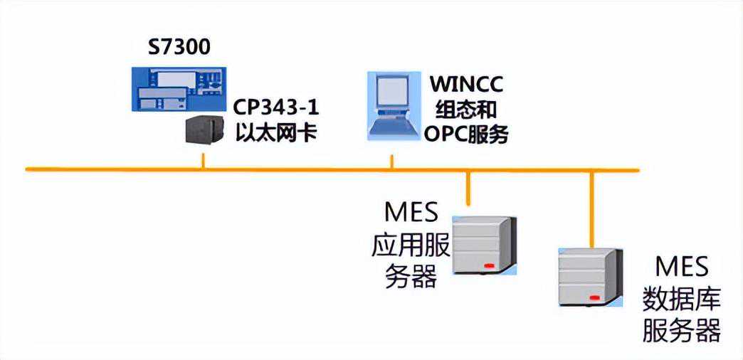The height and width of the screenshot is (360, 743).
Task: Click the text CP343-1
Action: pyautogui.click(x=277, y=110)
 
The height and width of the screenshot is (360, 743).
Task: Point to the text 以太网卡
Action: pyautogui.click(x=275, y=133)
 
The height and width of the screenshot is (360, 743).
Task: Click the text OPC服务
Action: pyautogui.click(x=467, y=133)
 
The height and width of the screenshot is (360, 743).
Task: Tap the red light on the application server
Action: pyautogui.click(x=488, y=267)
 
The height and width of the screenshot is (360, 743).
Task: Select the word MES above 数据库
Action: pyautogui.click(x=682, y=268)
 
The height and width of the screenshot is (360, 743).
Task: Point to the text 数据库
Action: pyautogui.click(x=682, y=299)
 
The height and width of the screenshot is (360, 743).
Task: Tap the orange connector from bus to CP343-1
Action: pyautogui.click(x=203, y=160)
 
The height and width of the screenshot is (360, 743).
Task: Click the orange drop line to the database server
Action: pyautogui.click(x=591, y=206)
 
